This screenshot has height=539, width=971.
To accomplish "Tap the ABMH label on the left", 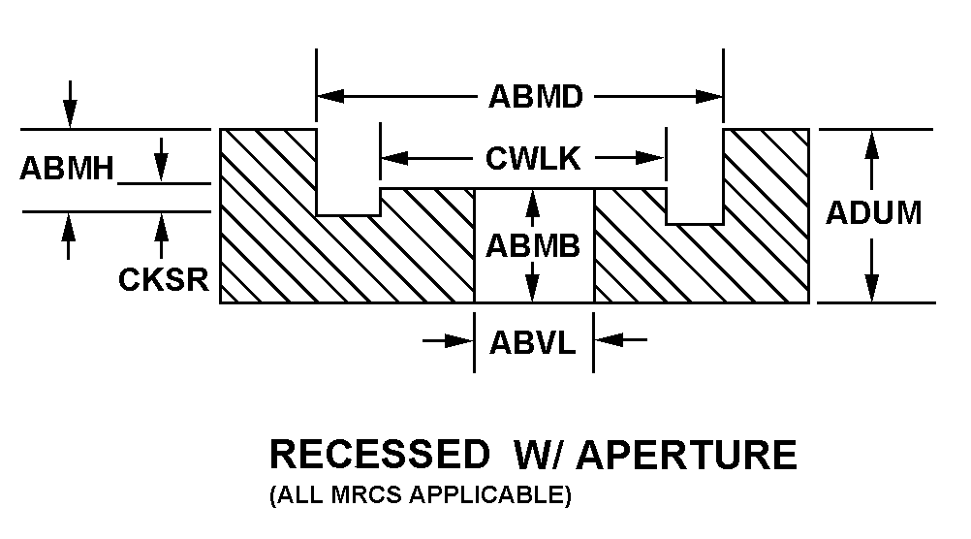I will coord(67,169).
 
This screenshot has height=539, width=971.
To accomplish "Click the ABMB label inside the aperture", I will coord(533,246).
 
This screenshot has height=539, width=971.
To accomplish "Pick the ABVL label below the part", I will coord(533,341).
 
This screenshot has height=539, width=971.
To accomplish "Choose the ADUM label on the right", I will coord(873,213).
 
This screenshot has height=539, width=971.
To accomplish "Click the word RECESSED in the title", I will coord(379,455).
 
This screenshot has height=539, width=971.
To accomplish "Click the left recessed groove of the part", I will coord(348,172).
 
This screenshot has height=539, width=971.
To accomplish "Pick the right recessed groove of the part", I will coord(695,175).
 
